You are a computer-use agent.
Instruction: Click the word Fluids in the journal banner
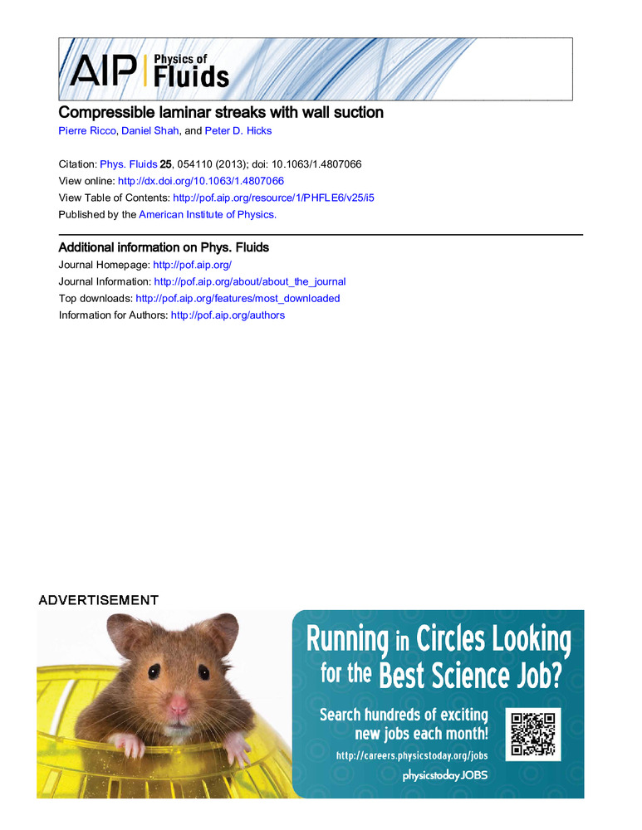(191, 76)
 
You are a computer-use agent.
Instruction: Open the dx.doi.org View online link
(201, 180)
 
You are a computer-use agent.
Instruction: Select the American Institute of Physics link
(207, 214)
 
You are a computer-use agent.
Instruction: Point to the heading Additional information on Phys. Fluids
(164, 247)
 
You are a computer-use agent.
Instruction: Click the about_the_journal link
(250, 281)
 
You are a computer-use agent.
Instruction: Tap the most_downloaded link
(238, 298)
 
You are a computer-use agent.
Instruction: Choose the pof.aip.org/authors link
(228, 315)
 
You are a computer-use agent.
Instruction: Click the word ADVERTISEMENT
(98, 599)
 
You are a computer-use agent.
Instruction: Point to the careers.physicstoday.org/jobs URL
(411, 755)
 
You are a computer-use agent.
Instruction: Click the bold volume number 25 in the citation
(165, 164)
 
